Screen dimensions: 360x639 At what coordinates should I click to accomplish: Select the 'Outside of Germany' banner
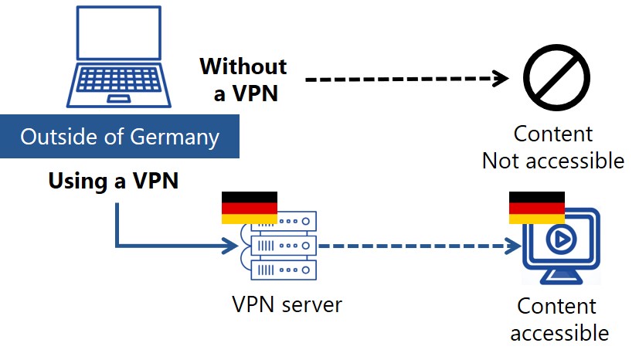click(x=119, y=138)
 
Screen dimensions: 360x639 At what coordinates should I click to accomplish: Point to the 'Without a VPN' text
click(x=243, y=79)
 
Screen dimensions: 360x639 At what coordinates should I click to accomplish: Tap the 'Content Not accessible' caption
click(x=553, y=147)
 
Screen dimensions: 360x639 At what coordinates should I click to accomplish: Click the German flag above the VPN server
click(x=250, y=208)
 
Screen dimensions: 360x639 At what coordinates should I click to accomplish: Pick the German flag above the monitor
click(x=536, y=208)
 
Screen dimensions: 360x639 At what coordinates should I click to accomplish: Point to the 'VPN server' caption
click(x=287, y=304)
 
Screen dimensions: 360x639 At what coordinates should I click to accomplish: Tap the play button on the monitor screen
click(x=560, y=240)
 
